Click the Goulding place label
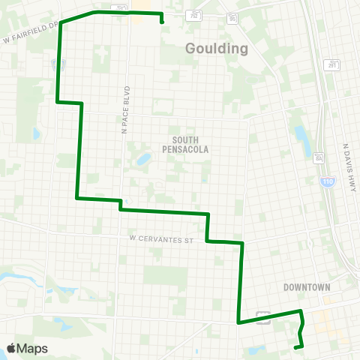(x=217, y=49)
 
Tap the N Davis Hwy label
(x=347, y=168)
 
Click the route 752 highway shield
(x=196, y=14)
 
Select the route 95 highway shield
(x=233, y=16)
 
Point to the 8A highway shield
(x=319, y=157)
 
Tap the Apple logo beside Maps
(x=12, y=348)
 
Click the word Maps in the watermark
(x=33, y=348)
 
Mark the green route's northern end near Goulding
(x=162, y=22)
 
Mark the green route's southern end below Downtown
(x=295, y=346)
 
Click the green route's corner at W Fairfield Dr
(x=61, y=22)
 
